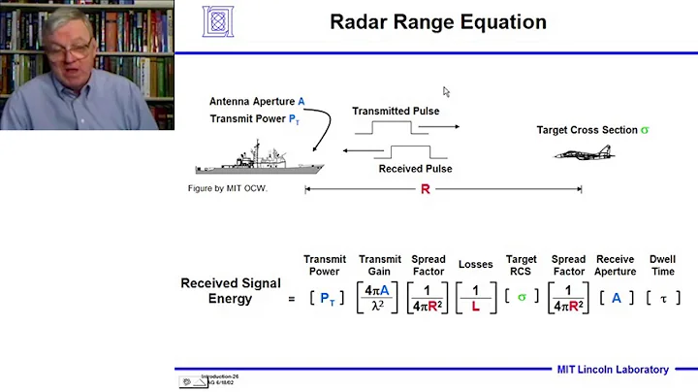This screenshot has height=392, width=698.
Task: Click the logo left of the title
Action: click(x=218, y=20)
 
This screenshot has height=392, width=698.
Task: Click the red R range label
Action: click(x=425, y=189)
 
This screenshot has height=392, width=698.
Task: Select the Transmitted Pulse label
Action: click(x=396, y=111)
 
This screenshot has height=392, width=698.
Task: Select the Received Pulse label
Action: click(x=415, y=169)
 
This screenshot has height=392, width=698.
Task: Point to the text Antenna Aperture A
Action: click(x=257, y=101)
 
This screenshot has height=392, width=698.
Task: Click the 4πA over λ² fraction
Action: click(x=379, y=298)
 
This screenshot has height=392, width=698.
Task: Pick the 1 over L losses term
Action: click(x=475, y=298)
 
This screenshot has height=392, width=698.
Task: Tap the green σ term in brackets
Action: click(x=521, y=298)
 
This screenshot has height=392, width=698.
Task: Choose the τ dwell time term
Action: click(x=663, y=298)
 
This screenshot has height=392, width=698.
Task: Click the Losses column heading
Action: click(x=475, y=265)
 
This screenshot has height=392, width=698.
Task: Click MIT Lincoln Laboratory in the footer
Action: click(x=612, y=370)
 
